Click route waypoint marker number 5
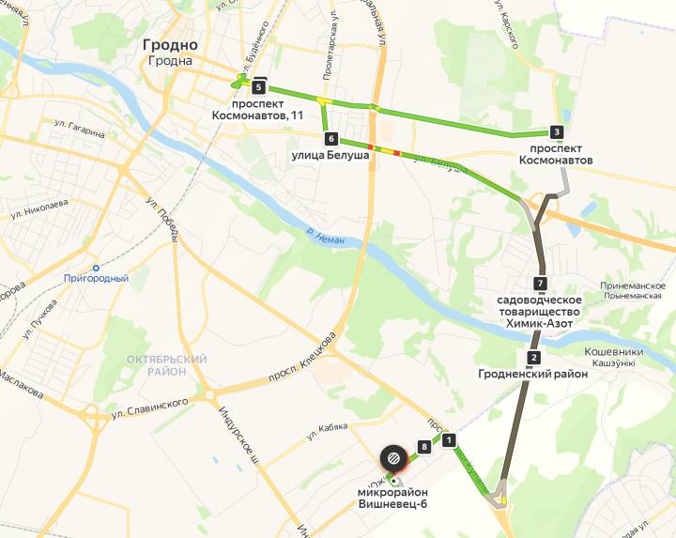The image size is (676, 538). [258, 86]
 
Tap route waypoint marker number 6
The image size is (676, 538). [330, 138]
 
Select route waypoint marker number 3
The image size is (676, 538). [557, 132]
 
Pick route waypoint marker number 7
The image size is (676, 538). [539, 283]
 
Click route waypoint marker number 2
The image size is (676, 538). [533, 357]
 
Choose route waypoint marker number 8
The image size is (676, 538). [424, 448]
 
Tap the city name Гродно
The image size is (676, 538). [170, 44]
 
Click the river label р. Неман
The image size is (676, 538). [325, 239]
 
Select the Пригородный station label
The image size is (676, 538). [96, 278]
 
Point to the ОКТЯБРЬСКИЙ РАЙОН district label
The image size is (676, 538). [166, 365]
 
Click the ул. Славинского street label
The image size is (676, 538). [149, 408]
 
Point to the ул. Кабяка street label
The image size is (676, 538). [327, 431]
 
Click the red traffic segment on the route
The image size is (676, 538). [395, 152]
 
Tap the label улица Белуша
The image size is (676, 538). [330, 155]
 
